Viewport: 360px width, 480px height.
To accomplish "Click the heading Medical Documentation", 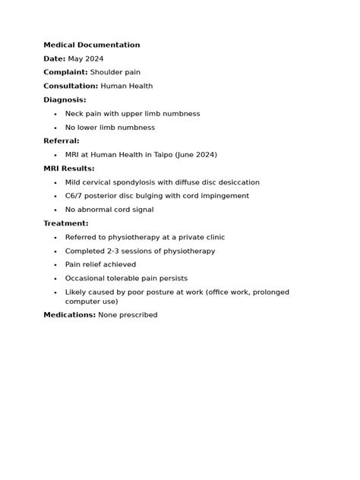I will (x=91, y=45).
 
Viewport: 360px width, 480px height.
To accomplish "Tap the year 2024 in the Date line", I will (x=95, y=58).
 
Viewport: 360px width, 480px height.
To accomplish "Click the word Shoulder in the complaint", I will (x=106, y=72).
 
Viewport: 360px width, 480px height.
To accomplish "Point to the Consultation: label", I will (x=71, y=86).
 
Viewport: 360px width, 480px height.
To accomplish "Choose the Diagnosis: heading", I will (x=65, y=99).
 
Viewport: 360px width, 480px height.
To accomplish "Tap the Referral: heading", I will (x=62, y=141).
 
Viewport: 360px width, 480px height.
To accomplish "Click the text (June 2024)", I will (x=196, y=155).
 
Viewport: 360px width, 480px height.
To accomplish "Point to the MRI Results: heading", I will (x=68, y=169).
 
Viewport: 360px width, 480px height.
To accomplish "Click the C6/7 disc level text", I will (x=75, y=196).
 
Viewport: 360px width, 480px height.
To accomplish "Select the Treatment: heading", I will (x=66, y=223).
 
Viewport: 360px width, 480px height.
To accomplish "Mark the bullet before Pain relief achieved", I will (x=55, y=265).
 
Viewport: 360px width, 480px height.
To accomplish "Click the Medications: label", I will (x=69, y=314).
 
